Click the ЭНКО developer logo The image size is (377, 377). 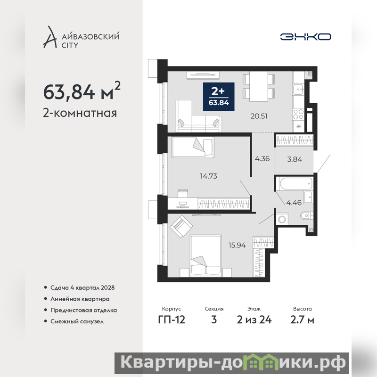(305, 37)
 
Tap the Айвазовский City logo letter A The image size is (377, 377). (50, 37)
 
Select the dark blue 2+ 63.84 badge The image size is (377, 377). (219, 97)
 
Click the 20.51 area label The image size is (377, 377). (259, 116)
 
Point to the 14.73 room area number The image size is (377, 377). (208, 176)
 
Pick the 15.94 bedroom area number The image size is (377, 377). (237, 245)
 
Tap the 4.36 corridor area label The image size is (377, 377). (262, 159)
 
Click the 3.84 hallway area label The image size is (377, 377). (295, 159)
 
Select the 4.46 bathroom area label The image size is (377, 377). (294, 203)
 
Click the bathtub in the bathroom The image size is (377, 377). (296, 184)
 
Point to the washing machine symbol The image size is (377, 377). (282, 219)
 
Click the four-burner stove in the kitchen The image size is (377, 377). (298, 114)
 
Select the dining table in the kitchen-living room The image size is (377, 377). (258, 86)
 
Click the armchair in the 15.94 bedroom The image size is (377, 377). (181, 226)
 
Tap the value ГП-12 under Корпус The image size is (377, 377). (172, 320)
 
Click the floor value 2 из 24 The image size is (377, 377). (254, 320)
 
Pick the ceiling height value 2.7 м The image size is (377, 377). (302, 320)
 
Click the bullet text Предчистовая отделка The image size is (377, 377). (84, 310)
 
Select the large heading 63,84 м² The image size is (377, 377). (82, 91)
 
